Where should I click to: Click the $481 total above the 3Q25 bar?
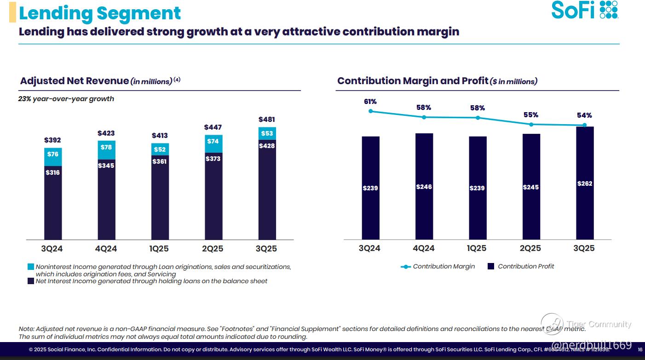[267, 120]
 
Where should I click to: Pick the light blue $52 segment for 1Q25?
[160, 149]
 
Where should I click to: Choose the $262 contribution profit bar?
[584, 183]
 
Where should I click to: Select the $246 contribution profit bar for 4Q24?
[424, 186]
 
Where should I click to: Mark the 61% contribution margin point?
[371, 111]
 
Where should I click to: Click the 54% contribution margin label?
[585, 115]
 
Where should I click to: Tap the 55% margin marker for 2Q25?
[531, 124]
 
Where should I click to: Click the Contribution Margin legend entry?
[443, 266]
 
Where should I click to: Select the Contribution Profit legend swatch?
[491, 266]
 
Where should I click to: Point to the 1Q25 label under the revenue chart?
[159, 249]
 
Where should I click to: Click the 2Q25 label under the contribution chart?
[530, 248]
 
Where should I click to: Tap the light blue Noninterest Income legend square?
[31, 267]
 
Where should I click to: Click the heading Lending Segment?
[100, 13]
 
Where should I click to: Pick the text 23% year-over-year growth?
[66, 99]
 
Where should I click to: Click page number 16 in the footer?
[640, 349]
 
